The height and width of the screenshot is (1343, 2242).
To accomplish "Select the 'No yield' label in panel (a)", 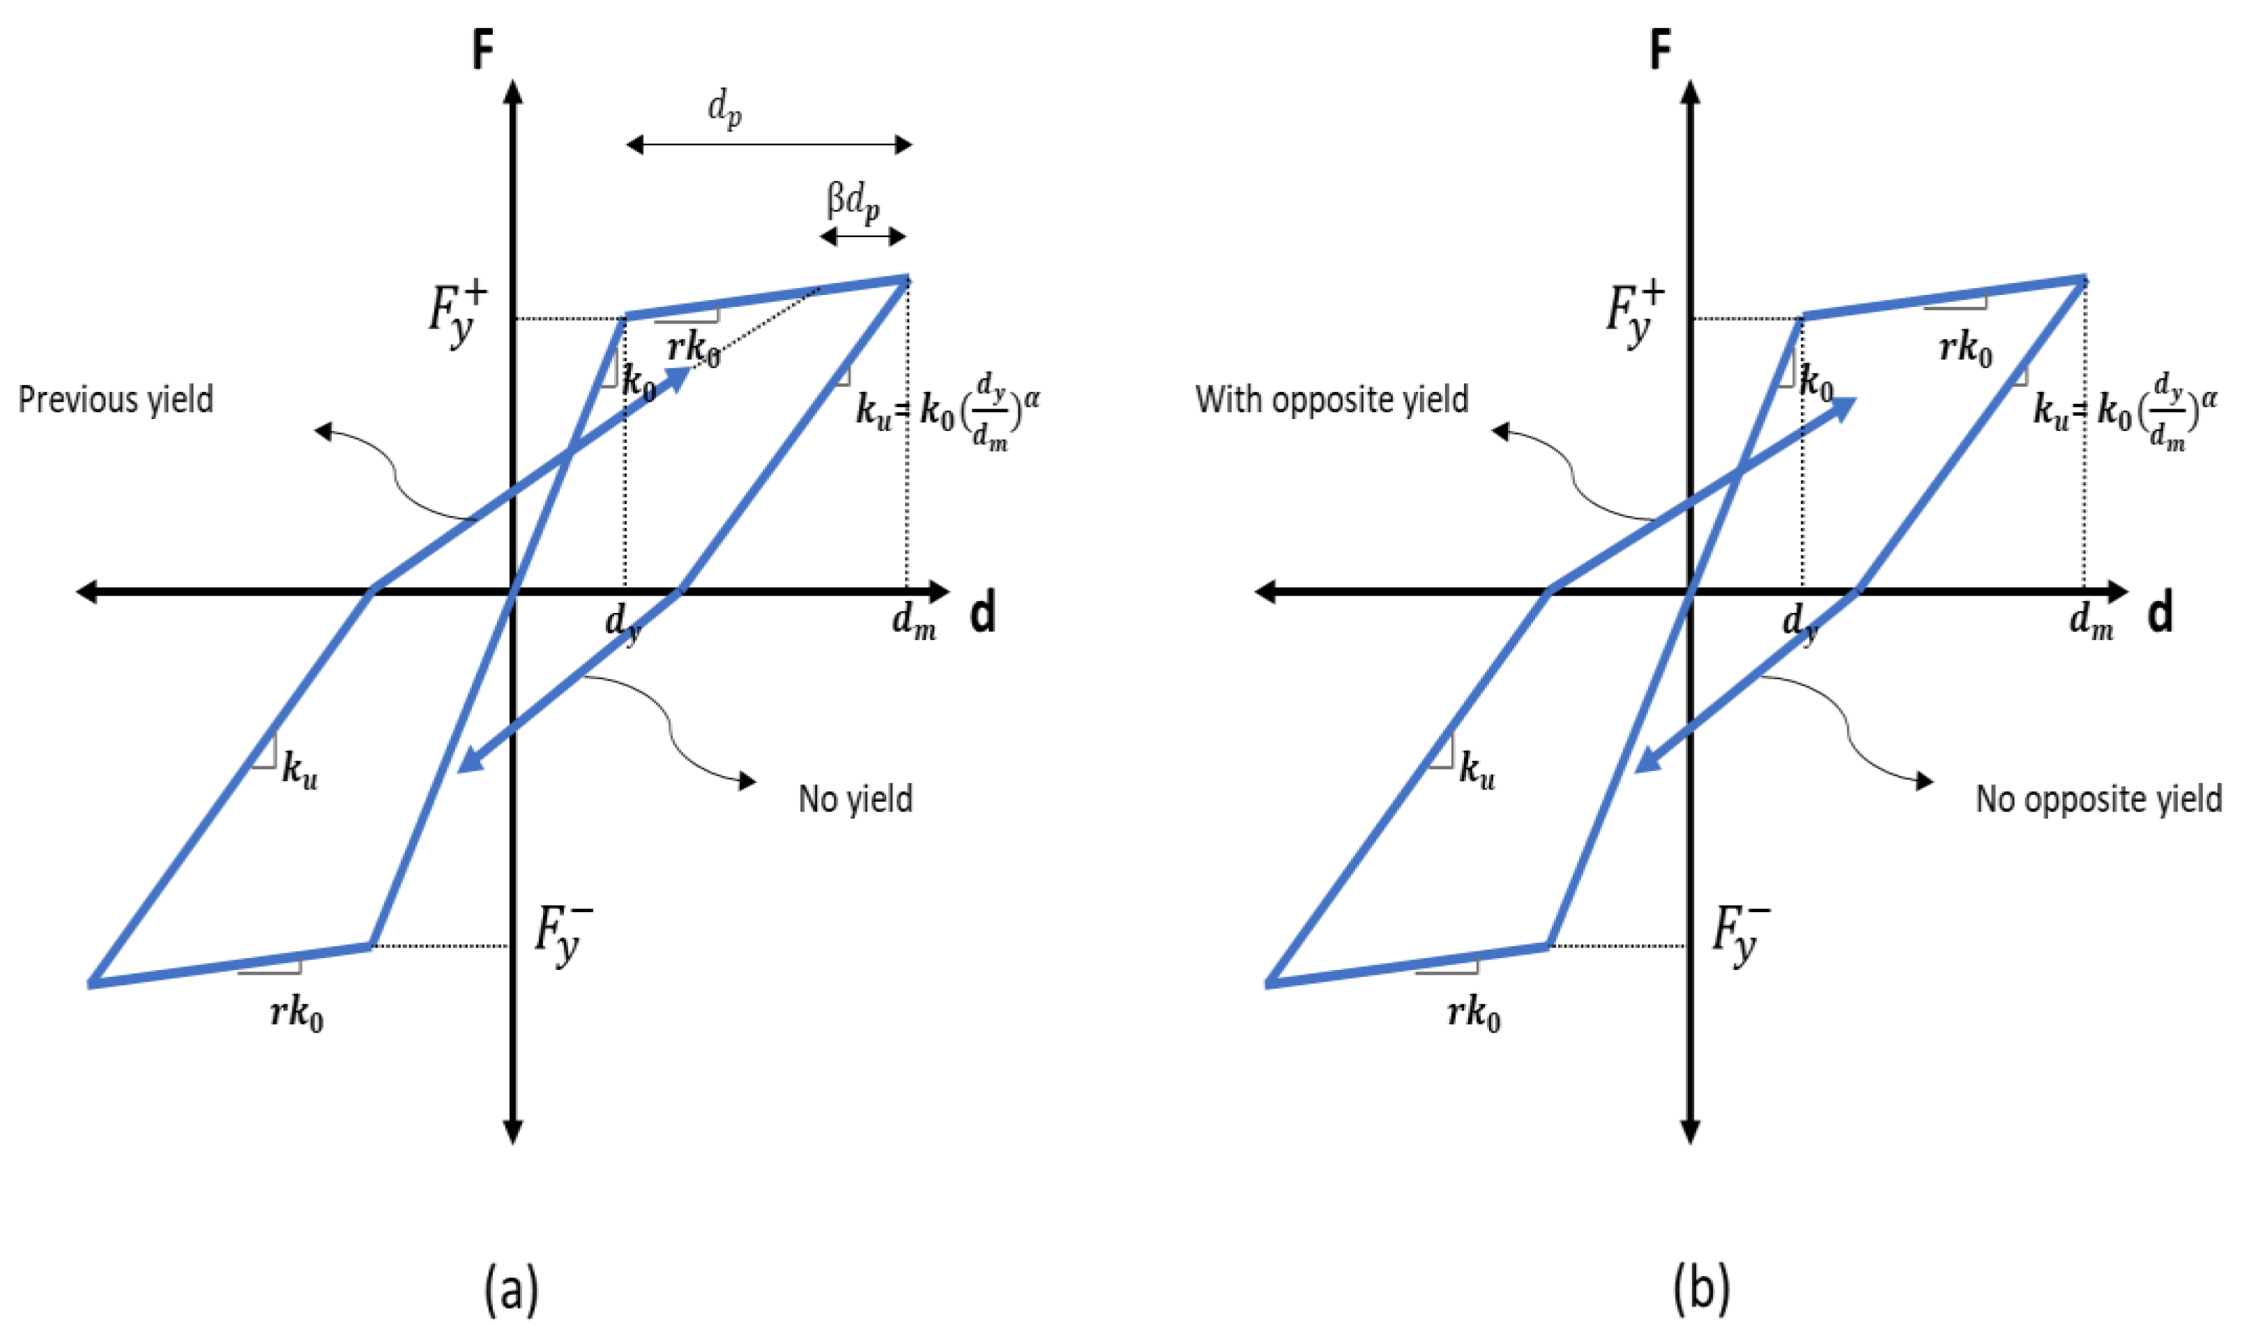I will [x=855, y=799].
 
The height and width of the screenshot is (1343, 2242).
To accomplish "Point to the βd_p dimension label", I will [x=853, y=203].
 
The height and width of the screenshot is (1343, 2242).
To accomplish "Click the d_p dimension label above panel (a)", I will [x=725, y=110].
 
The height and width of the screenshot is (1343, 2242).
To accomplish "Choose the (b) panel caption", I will [x=1701, y=1289].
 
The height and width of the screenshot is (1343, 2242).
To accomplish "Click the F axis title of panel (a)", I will [x=483, y=50].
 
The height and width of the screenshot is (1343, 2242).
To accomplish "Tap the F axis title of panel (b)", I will [x=1661, y=50].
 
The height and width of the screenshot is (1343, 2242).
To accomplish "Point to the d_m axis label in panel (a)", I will [x=914, y=622].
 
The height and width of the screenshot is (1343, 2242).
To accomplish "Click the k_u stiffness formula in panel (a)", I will [x=947, y=412].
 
